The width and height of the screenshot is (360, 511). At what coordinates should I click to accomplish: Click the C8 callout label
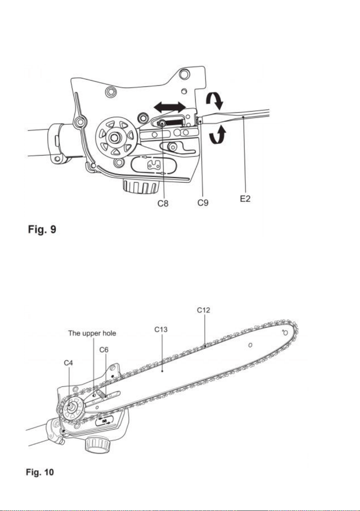(163, 203)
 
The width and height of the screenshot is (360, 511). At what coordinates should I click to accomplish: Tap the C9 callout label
(203, 202)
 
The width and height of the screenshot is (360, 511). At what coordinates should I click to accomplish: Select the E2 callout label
(245, 198)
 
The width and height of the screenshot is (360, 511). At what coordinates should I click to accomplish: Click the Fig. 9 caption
(42, 229)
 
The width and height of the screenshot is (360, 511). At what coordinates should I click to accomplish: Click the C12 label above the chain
(203, 310)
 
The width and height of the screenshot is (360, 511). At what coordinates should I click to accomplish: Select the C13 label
(161, 330)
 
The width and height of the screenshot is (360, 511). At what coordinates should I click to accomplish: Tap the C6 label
(104, 350)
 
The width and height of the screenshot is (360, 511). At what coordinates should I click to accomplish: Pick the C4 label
(68, 363)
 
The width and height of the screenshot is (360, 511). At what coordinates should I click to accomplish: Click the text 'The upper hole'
(92, 333)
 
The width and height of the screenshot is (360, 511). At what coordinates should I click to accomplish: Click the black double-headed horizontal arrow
(170, 107)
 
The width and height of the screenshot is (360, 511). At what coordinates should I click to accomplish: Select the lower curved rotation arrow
(218, 136)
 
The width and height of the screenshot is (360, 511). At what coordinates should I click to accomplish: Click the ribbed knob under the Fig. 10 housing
(98, 444)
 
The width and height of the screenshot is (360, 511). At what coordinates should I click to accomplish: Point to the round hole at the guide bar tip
(286, 333)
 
